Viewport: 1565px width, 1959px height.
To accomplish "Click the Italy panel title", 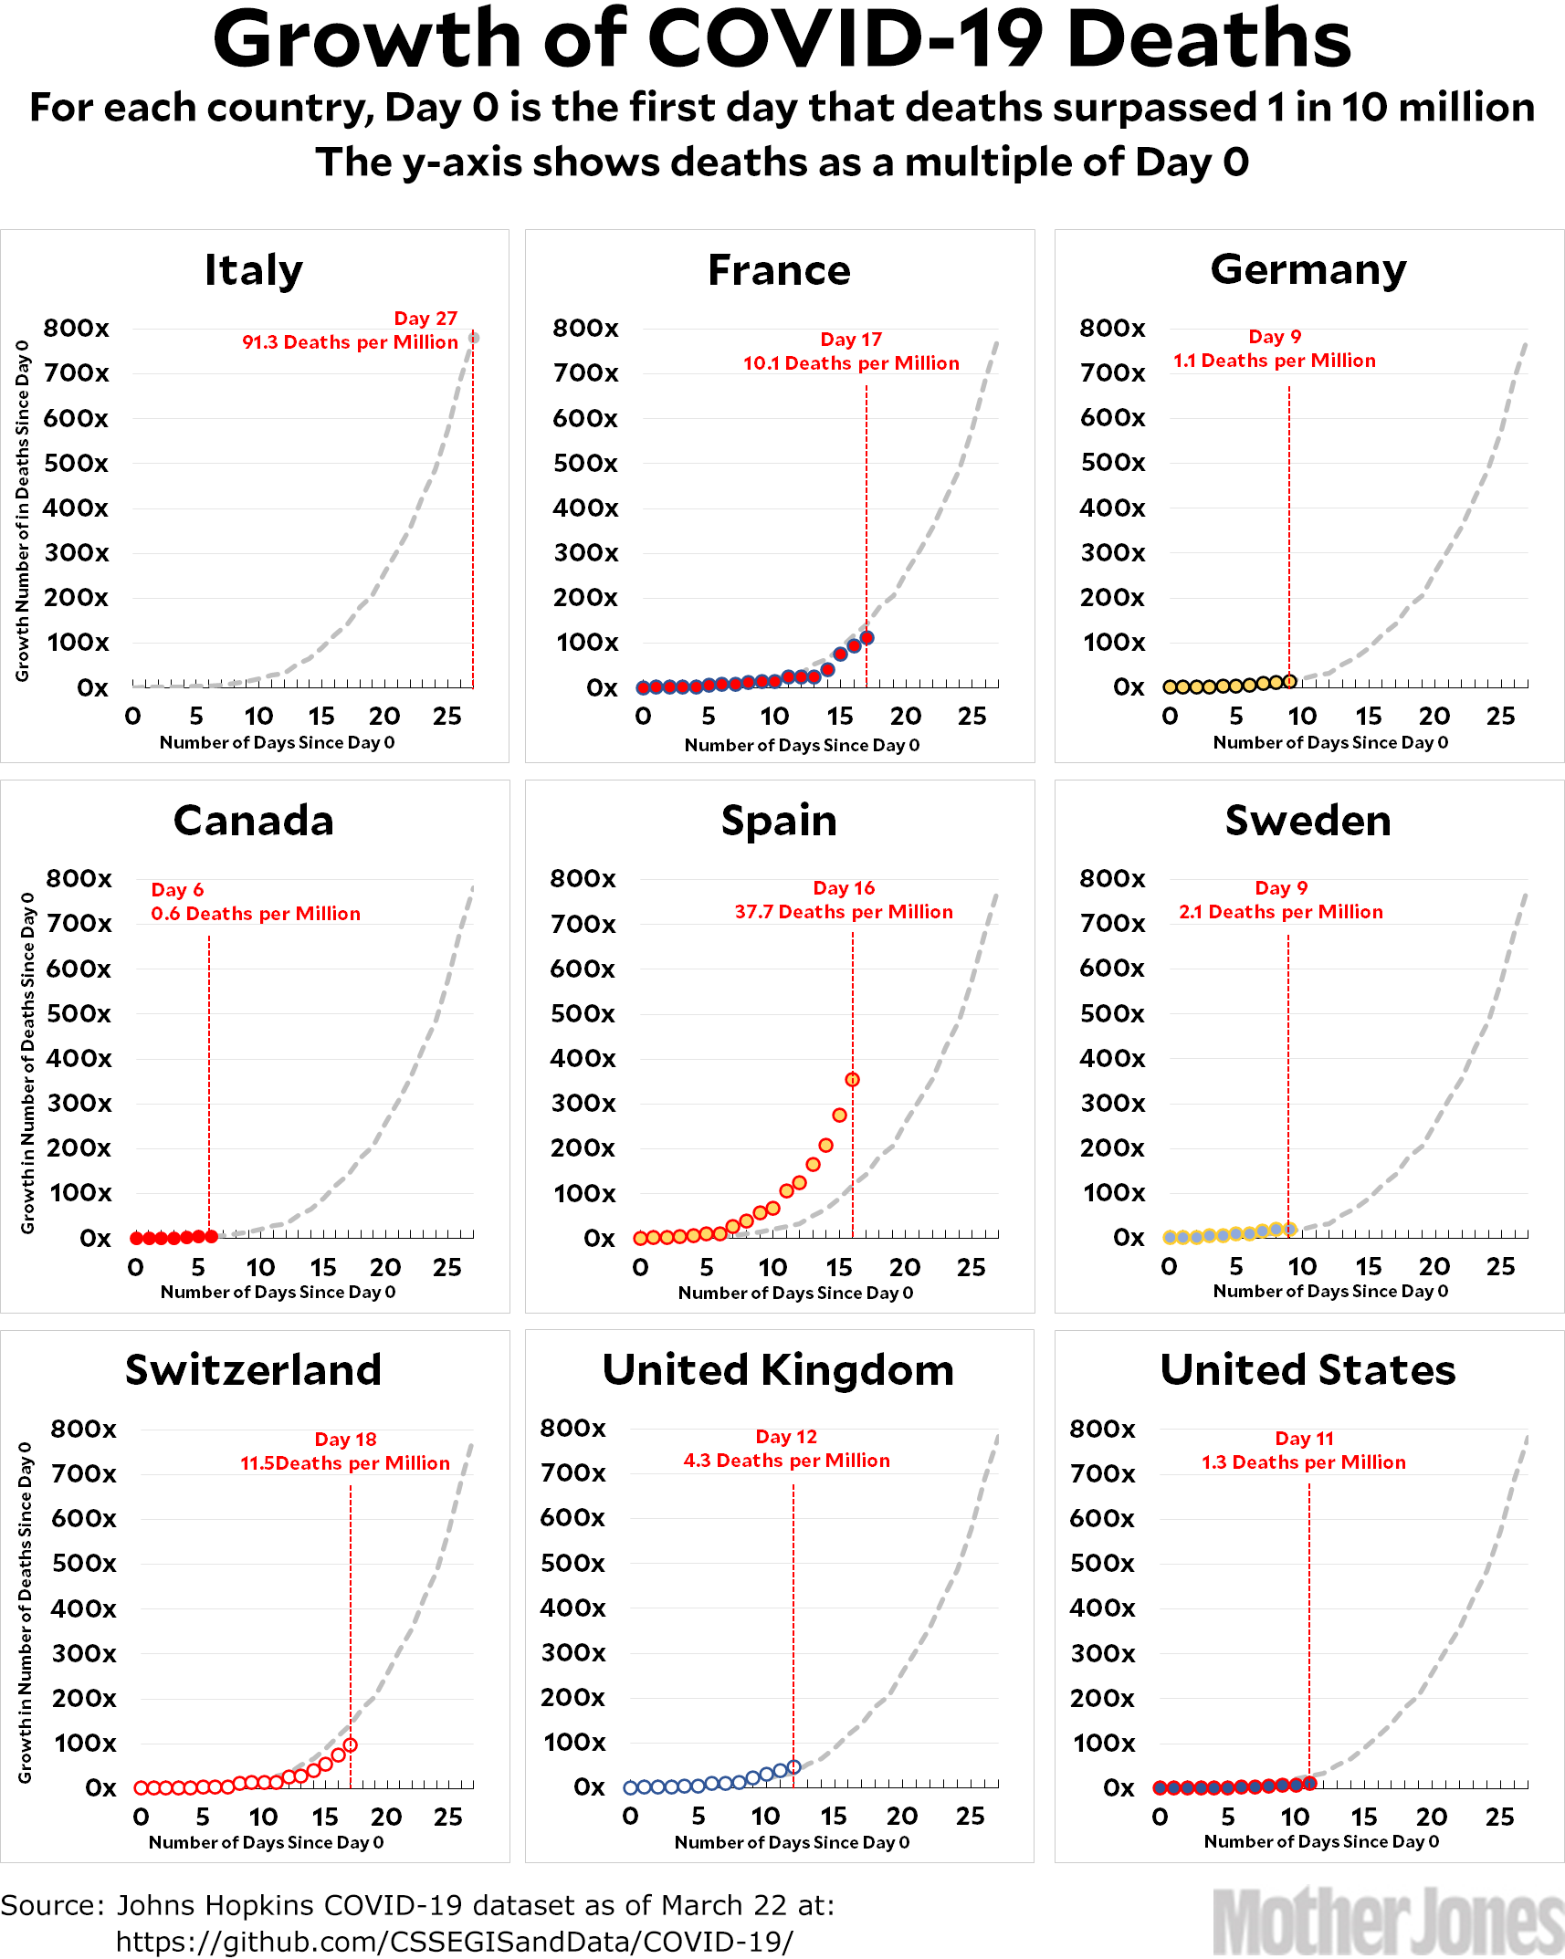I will (x=253, y=270).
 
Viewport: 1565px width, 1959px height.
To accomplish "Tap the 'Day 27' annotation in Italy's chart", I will (x=425, y=319).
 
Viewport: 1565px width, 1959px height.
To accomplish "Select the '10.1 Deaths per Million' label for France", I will (x=851, y=363).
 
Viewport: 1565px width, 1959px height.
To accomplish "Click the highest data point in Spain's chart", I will (x=852, y=1080).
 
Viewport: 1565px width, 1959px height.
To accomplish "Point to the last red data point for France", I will (x=867, y=638).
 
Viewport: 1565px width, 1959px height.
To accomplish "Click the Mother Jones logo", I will (x=1388, y=1922).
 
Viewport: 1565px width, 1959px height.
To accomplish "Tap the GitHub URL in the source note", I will (x=454, y=1941).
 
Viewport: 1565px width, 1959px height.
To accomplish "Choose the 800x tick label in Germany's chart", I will (x=1112, y=328).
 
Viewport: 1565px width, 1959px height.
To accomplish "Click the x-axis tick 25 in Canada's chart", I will (x=447, y=1267).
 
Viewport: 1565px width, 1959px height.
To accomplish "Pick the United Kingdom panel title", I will (x=778, y=1370).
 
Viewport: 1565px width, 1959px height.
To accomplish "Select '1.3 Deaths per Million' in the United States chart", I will (x=1303, y=1462).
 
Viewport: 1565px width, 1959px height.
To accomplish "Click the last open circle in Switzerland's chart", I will (x=350, y=1744).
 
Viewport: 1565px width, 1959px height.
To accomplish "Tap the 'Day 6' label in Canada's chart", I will (x=177, y=890).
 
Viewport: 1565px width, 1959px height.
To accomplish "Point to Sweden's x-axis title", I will (x=1330, y=1291).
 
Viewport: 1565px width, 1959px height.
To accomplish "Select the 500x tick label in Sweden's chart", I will (x=1112, y=1013).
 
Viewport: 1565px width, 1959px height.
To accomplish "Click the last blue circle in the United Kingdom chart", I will (x=793, y=1766).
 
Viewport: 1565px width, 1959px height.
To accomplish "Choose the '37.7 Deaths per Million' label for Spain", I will (x=844, y=912).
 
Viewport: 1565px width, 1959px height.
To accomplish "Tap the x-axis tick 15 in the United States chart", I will (x=1363, y=1817).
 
